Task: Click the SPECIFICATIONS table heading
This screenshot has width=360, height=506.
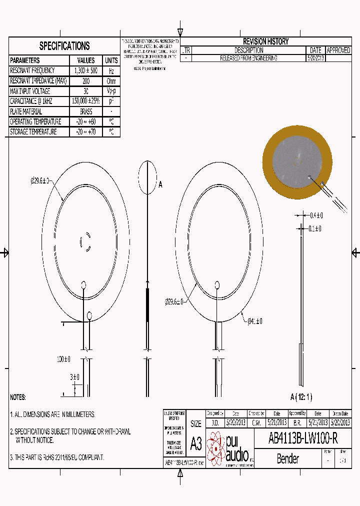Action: [x=64, y=46]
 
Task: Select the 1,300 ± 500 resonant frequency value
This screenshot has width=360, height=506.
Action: [x=86, y=71]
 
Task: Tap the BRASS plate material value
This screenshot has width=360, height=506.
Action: [x=86, y=111]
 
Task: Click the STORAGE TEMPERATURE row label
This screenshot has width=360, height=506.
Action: [x=33, y=132]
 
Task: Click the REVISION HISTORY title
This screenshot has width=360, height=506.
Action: [x=265, y=41]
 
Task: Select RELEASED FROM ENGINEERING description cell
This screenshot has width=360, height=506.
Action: [x=248, y=58]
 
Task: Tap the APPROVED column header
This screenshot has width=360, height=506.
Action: [x=338, y=50]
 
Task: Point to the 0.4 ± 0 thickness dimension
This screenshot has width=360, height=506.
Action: [x=316, y=215]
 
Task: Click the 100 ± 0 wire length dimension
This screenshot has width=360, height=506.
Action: [x=63, y=359]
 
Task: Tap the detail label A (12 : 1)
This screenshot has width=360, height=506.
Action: [x=301, y=397]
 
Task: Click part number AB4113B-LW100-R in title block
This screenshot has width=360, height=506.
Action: [x=303, y=438]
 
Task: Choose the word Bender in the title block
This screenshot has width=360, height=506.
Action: [x=287, y=458]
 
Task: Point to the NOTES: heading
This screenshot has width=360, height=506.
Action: [x=18, y=397]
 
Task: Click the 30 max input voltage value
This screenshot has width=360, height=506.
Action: [x=86, y=91]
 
